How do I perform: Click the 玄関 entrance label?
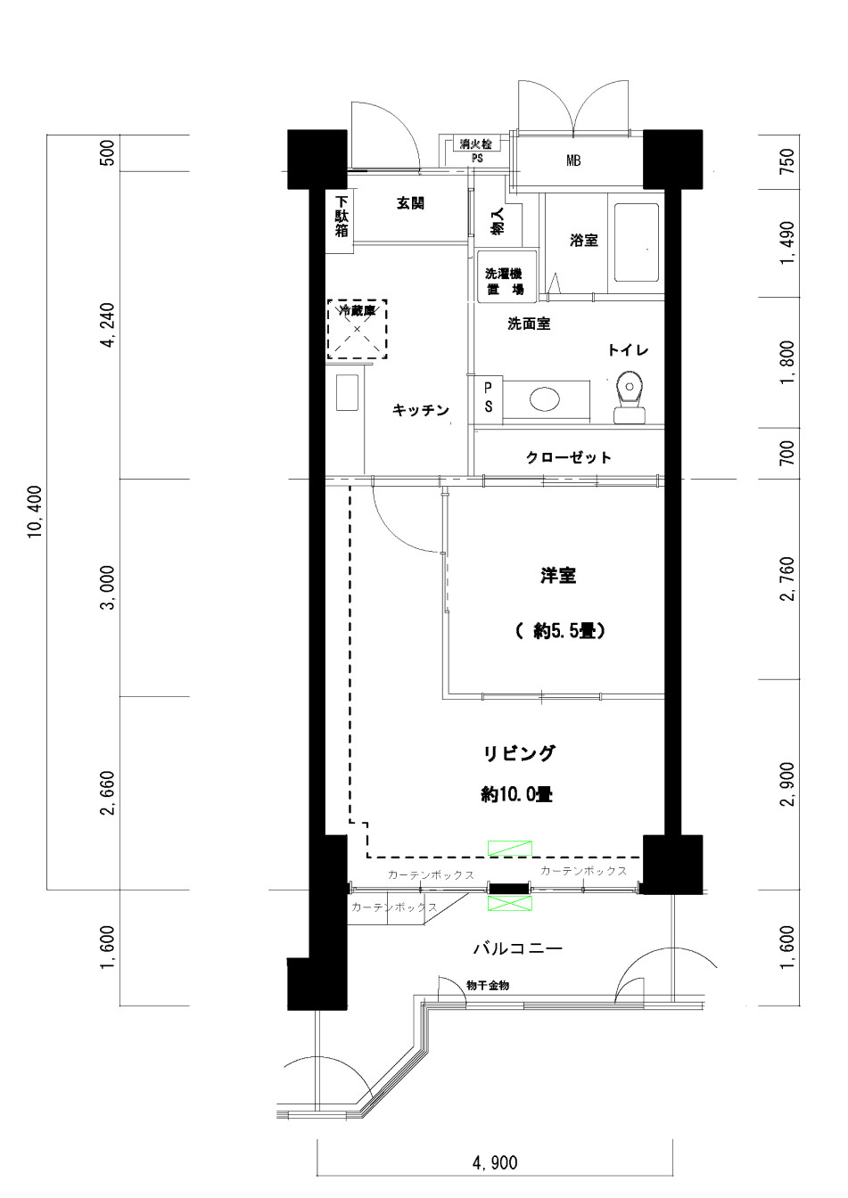[x=410, y=203]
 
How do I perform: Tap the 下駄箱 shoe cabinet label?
[x=342, y=216]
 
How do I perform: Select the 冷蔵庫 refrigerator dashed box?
[x=357, y=329]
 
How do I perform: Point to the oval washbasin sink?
[x=545, y=398]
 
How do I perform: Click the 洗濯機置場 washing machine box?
[x=504, y=282]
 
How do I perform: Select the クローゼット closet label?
[x=568, y=457]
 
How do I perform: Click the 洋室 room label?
[x=557, y=576]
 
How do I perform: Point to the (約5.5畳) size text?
[x=560, y=631]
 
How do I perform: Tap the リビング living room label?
[x=519, y=753]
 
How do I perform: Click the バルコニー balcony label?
[x=517, y=948]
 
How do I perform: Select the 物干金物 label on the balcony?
[x=488, y=985]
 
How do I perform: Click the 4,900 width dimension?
[x=494, y=1162]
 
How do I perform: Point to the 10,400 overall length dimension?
[x=35, y=513]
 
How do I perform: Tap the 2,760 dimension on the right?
[x=786, y=578]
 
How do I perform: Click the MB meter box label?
[x=573, y=161]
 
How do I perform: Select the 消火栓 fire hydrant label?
[x=475, y=144]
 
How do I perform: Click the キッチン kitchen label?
[x=421, y=410]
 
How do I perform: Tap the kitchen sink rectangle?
[x=347, y=393]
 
